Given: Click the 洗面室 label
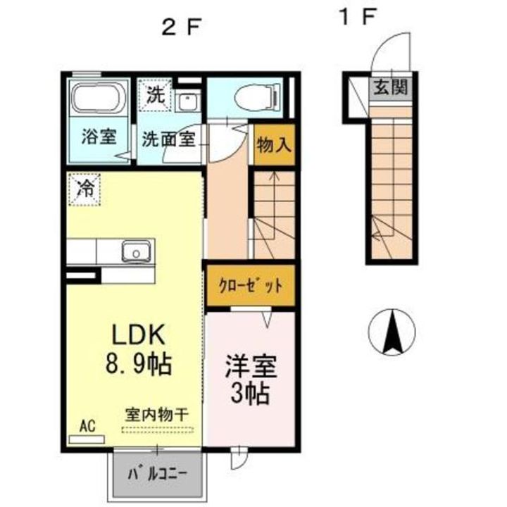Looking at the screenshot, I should (168, 138).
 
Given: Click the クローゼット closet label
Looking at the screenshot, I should (250, 286).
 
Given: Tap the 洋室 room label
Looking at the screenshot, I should (251, 367).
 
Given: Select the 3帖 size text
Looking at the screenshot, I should (251, 394).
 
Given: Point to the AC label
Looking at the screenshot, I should (87, 425).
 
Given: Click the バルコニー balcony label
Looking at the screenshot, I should (157, 473).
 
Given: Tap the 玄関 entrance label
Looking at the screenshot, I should (390, 88).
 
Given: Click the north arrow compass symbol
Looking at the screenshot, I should (392, 332).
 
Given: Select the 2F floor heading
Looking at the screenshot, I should (181, 27).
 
